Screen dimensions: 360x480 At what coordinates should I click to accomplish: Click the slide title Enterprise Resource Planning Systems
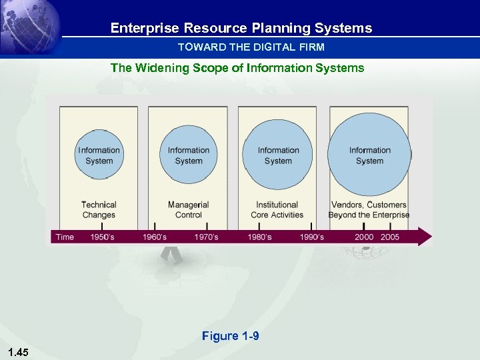tap(241, 28)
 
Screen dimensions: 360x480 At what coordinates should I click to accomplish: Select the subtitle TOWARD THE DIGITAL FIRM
tap(251, 47)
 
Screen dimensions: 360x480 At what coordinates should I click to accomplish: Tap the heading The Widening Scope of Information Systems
tap(237, 67)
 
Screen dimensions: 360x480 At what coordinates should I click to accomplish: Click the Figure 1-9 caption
tap(230, 336)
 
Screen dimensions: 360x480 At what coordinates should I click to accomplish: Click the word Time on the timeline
tap(65, 237)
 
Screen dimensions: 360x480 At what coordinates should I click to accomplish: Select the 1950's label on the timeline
tap(102, 237)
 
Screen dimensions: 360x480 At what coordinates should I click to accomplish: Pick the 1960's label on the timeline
tap(155, 237)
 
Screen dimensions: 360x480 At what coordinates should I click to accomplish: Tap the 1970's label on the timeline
tap(206, 237)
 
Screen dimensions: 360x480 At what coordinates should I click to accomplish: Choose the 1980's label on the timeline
tap(260, 237)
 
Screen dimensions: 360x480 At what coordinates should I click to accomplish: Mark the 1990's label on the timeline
tap(312, 237)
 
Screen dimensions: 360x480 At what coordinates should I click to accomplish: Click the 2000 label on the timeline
tap(364, 237)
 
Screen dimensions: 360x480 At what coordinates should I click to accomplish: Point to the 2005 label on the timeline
tap(390, 237)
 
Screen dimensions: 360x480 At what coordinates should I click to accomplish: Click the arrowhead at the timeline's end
tap(425, 237)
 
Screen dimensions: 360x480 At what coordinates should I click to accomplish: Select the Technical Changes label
tap(99, 210)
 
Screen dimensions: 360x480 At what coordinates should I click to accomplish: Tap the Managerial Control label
tap(189, 210)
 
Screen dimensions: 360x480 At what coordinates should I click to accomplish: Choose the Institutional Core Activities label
tap(277, 210)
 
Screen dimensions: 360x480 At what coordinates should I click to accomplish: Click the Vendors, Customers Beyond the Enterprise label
tap(369, 210)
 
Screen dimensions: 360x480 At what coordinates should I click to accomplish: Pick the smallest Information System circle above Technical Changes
tap(99, 155)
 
